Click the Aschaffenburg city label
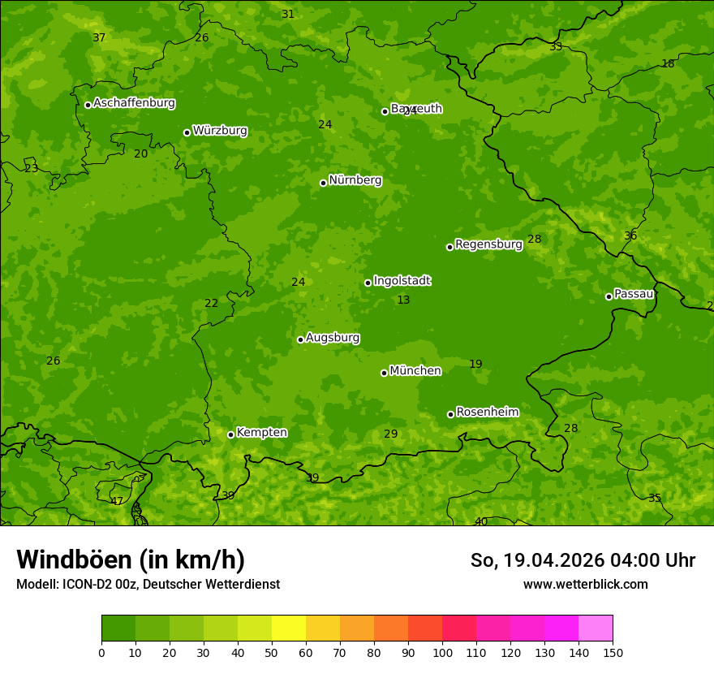(134, 103)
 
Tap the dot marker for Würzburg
(187, 132)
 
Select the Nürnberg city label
(355, 180)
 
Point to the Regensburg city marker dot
(449, 247)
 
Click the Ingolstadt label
(402, 281)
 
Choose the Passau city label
(634, 294)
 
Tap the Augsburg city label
(333, 338)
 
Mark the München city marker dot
(384, 373)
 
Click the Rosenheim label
(487, 413)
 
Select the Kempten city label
(261, 433)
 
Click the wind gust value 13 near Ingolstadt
(403, 300)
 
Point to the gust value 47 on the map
(117, 502)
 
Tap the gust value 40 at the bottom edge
(481, 521)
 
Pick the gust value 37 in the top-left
(99, 38)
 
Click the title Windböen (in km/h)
(131, 560)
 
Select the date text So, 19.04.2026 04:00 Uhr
(583, 560)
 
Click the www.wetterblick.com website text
(585, 584)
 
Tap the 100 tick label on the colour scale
(442, 653)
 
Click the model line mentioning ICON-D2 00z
(148, 584)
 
